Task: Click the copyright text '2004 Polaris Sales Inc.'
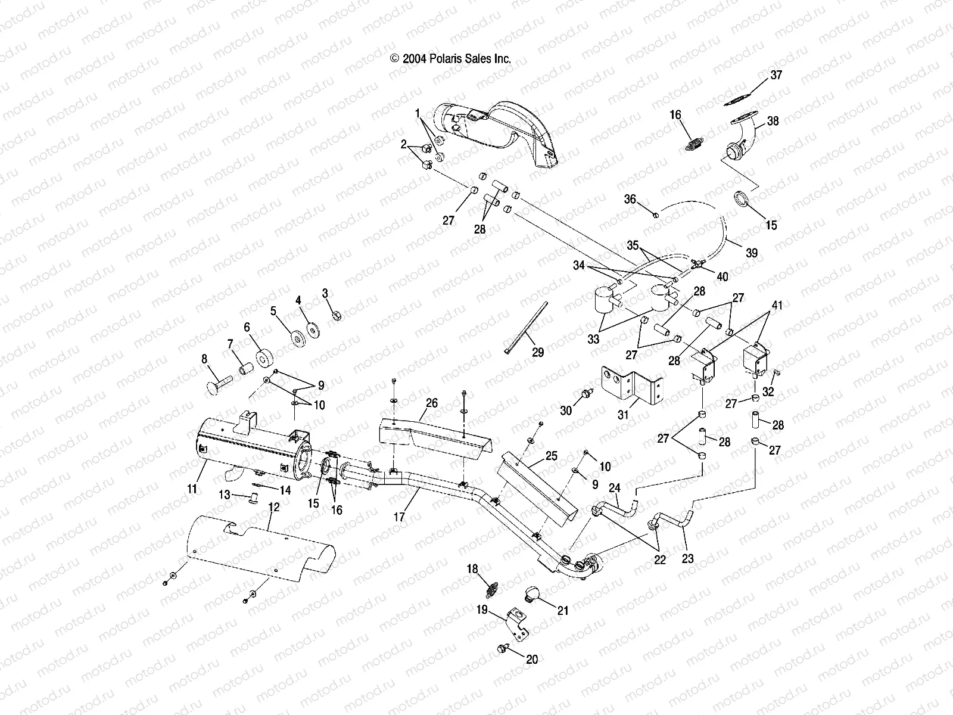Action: (x=451, y=58)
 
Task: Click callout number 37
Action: (x=776, y=76)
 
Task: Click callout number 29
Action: (x=537, y=353)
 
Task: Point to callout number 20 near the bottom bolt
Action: (x=532, y=660)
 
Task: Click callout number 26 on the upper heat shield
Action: (x=431, y=403)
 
